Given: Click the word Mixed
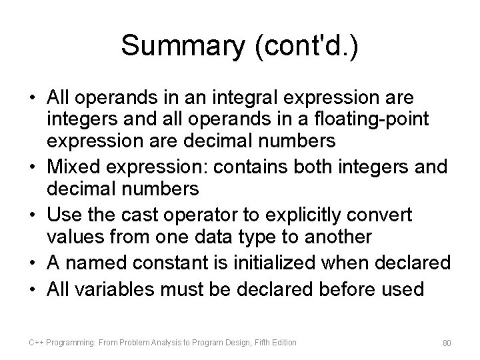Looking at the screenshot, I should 73,165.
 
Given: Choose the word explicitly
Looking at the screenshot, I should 307,214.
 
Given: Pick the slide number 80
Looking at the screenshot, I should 446,343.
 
